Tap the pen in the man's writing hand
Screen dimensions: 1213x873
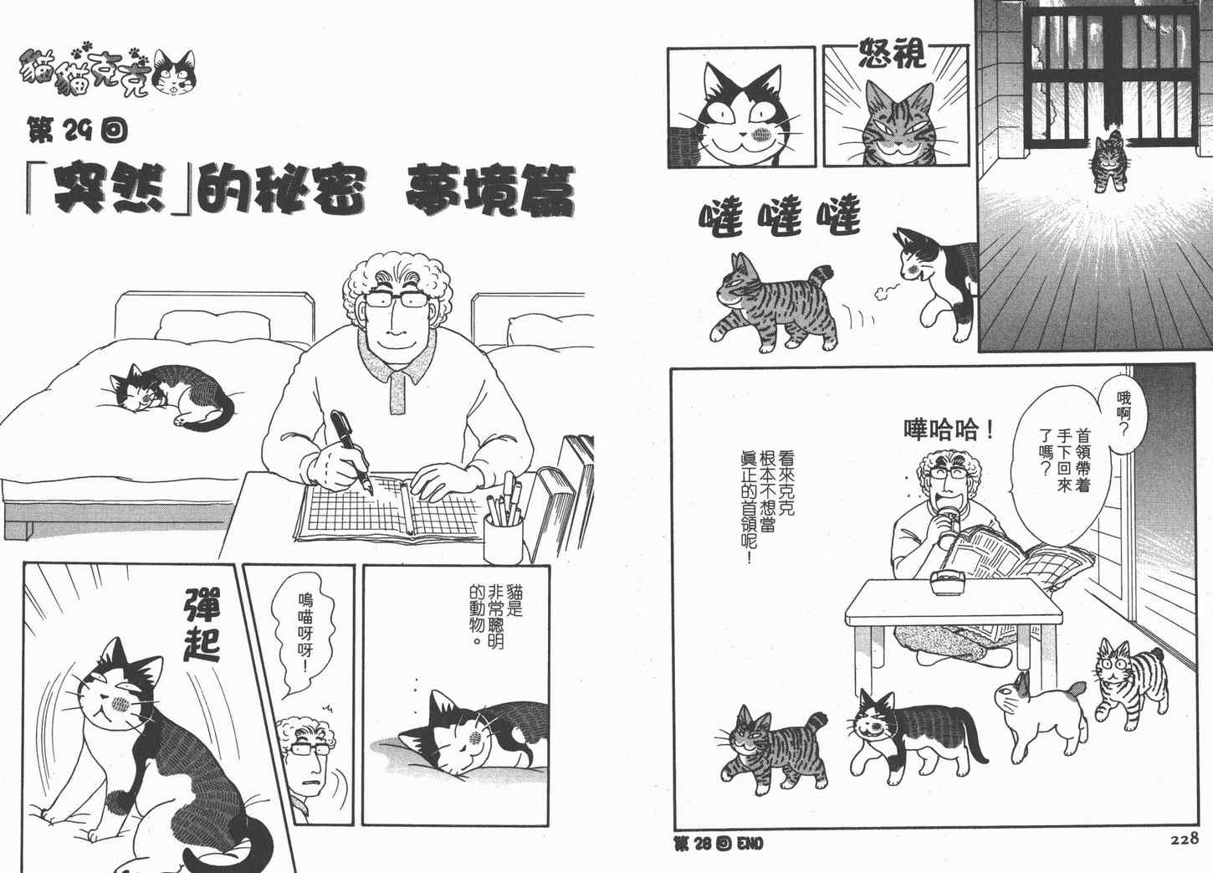click(351, 450)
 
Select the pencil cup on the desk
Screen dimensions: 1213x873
click(503, 537)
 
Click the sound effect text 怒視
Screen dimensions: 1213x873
click(893, 53)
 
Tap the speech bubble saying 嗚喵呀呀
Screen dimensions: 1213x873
click(304, 631)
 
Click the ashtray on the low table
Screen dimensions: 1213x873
click(948, 583)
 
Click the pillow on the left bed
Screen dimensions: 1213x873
click(212, 325)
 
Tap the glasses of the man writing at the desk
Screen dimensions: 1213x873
click(396, 300)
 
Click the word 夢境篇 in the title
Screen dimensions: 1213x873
click(489, 192)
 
